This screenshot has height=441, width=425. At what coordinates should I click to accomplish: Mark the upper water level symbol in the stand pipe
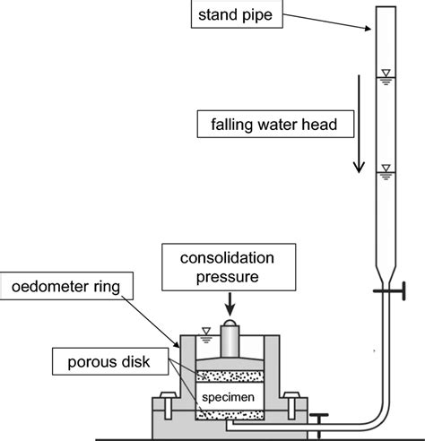(x=385, y=73)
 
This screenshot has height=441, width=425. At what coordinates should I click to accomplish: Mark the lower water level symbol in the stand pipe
(x=385, y=168)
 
